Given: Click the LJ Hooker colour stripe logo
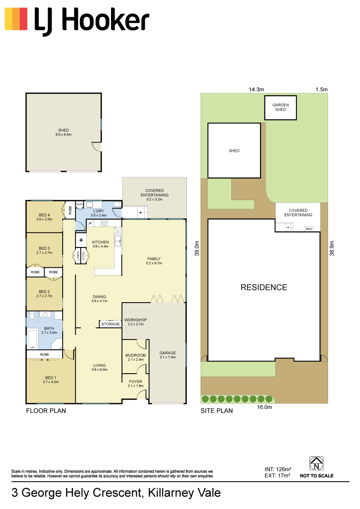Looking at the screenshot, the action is coord(16,19).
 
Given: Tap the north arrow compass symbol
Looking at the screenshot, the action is coord(316,463).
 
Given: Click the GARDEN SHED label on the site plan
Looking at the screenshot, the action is coord(281,107).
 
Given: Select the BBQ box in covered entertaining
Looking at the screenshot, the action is coord(309,229).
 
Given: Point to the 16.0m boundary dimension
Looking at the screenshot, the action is coord(264,407).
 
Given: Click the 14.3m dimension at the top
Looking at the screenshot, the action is coord(256,90).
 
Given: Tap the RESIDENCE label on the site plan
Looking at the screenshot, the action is coord(264,287).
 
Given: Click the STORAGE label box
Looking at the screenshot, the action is coord(111,324).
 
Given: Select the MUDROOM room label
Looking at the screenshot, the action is coord(135,355).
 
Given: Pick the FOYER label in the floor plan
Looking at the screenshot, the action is coord(135,382).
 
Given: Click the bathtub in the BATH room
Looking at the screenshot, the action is coord(32,339).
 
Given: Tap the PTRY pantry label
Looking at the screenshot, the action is coord(83,256).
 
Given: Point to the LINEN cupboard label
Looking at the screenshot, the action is coord(78,256).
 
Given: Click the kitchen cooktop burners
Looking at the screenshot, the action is coord(104,223).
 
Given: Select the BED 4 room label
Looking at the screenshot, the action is coord(44,215).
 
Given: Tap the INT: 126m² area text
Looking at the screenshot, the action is coord(278,469).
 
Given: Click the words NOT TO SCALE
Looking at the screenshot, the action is coord(317,476).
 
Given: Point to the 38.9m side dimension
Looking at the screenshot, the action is coord(332,248).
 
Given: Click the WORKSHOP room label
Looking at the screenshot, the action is coord(135,320).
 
